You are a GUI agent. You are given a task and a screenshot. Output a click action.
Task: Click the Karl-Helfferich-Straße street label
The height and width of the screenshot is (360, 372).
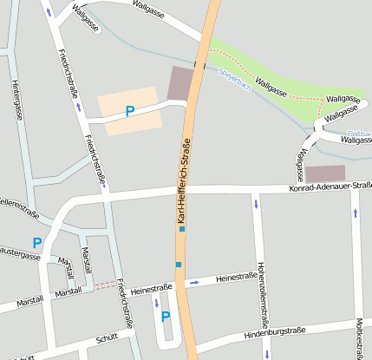(x=185, y=181)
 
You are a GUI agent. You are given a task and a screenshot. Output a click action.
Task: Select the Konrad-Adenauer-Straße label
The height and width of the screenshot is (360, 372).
(x=330, y=187)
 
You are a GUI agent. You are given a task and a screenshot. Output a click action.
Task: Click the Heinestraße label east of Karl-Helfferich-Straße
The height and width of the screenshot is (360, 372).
(x=236, y=278)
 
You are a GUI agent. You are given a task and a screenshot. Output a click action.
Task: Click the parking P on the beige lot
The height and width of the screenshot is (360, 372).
(x=130, y=111)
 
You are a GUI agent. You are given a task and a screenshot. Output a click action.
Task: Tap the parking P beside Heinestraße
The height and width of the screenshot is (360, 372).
(x=165, y=317)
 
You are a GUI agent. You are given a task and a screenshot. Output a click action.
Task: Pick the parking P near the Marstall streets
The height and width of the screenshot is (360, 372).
(x=37, y=243)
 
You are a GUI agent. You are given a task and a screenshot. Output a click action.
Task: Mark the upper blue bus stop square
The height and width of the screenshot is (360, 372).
(x=181, y=229)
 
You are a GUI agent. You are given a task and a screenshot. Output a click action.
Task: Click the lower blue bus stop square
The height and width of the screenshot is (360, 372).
(x=179, y=264)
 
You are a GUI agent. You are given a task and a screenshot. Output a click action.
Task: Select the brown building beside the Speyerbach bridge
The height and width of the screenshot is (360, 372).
(x=182, y=82)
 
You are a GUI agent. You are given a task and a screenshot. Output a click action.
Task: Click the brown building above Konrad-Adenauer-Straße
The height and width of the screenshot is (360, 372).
(x=325, y=173)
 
